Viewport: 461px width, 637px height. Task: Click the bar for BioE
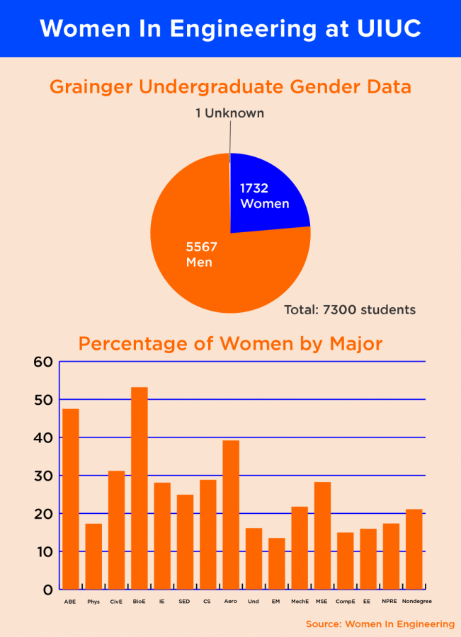(x=140, y=488)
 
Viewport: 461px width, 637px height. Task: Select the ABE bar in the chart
(x=71, y=499)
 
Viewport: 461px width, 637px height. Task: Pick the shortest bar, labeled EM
(x=277, y=563)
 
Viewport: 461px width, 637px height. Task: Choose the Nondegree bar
(x=414, y=549)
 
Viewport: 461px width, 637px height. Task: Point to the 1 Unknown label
(x=229, y=113)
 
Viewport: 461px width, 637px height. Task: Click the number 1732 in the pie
(x=255, y=189)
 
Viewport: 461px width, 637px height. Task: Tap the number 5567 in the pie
(x=201, y=247)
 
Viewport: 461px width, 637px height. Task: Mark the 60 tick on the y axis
(x=43, y=362)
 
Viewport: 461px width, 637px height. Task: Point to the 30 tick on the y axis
(x=43, y=476)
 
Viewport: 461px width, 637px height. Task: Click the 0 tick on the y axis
(x=47, y=590)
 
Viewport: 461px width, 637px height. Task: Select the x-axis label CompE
(x=345, y=601)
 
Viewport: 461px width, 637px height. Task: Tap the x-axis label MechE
(x=300, y=601)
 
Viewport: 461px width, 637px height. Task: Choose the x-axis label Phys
(x=93, y=601)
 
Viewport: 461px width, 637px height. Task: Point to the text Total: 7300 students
(x=350, y=310)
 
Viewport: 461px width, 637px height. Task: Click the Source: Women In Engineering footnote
(x=380, y=624)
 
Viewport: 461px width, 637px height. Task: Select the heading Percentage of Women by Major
(x=230, y=344)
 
